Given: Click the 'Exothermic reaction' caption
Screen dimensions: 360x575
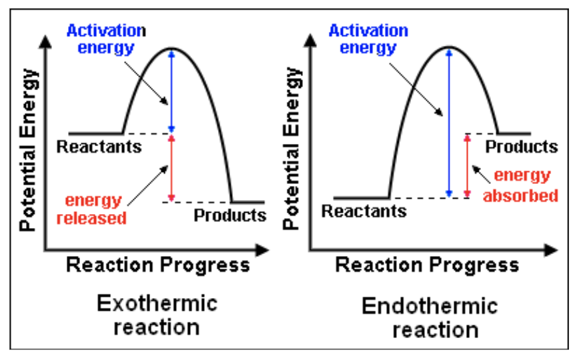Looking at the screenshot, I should click(157, 315).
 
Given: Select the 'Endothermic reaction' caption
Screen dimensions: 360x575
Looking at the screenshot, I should click(430, 318).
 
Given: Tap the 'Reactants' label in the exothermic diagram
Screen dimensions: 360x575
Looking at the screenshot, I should click(99, 146).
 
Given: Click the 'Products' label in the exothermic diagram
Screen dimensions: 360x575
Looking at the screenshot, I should click(229, 215).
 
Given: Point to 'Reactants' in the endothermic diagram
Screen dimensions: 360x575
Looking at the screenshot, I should click(364, 211).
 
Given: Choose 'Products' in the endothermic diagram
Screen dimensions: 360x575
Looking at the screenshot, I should click(521, 146).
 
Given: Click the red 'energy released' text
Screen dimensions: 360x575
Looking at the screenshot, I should click(93, 209).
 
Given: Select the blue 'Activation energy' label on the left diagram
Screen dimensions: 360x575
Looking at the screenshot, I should click(106, 38).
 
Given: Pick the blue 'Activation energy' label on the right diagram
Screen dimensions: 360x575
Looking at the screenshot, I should click(368, 39).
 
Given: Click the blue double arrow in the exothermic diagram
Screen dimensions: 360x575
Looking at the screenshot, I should click(171, 91).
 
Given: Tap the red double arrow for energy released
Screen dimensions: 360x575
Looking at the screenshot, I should click(171, 168).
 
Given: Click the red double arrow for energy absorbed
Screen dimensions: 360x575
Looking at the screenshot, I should click(467, 165).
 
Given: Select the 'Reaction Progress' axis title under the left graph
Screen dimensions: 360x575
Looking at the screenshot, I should click(157, 265).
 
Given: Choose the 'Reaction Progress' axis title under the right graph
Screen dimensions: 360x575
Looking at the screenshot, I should click(427, 265).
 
